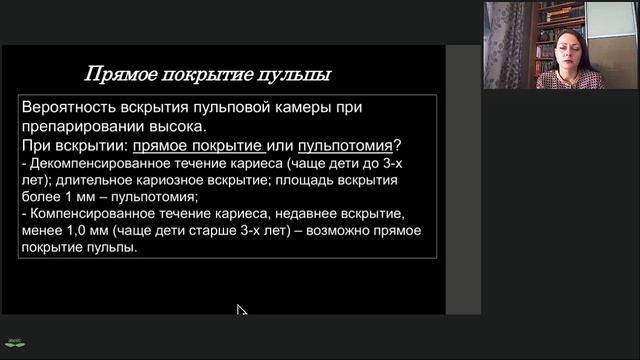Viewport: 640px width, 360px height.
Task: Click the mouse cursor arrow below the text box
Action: point(240,310)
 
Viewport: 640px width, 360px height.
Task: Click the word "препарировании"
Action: point(76,127)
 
